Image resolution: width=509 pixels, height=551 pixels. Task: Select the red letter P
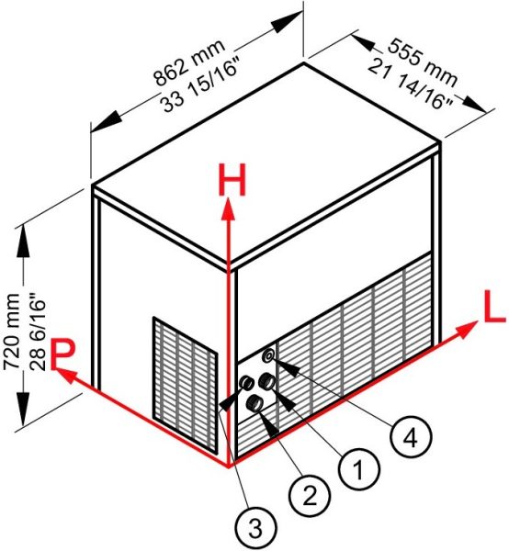(x=63, y=354)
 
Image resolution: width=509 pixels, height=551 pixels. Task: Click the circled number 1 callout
(x=358, y=469)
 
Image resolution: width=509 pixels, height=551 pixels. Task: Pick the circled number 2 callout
(x=309, y=496)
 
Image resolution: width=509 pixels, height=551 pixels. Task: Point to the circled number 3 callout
(x=256, y=528)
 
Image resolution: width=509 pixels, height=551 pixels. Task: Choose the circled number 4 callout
(x=410, y=437)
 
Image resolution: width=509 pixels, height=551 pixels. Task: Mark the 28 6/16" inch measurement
(x=38, y=334)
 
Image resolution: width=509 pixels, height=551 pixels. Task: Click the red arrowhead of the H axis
(x=229, y=208)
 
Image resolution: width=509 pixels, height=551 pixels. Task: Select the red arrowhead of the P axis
(x=65, y=375)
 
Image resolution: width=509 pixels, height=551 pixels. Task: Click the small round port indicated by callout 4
(x=269, y=355)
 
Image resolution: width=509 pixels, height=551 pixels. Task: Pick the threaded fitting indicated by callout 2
(x=254, y=403)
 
